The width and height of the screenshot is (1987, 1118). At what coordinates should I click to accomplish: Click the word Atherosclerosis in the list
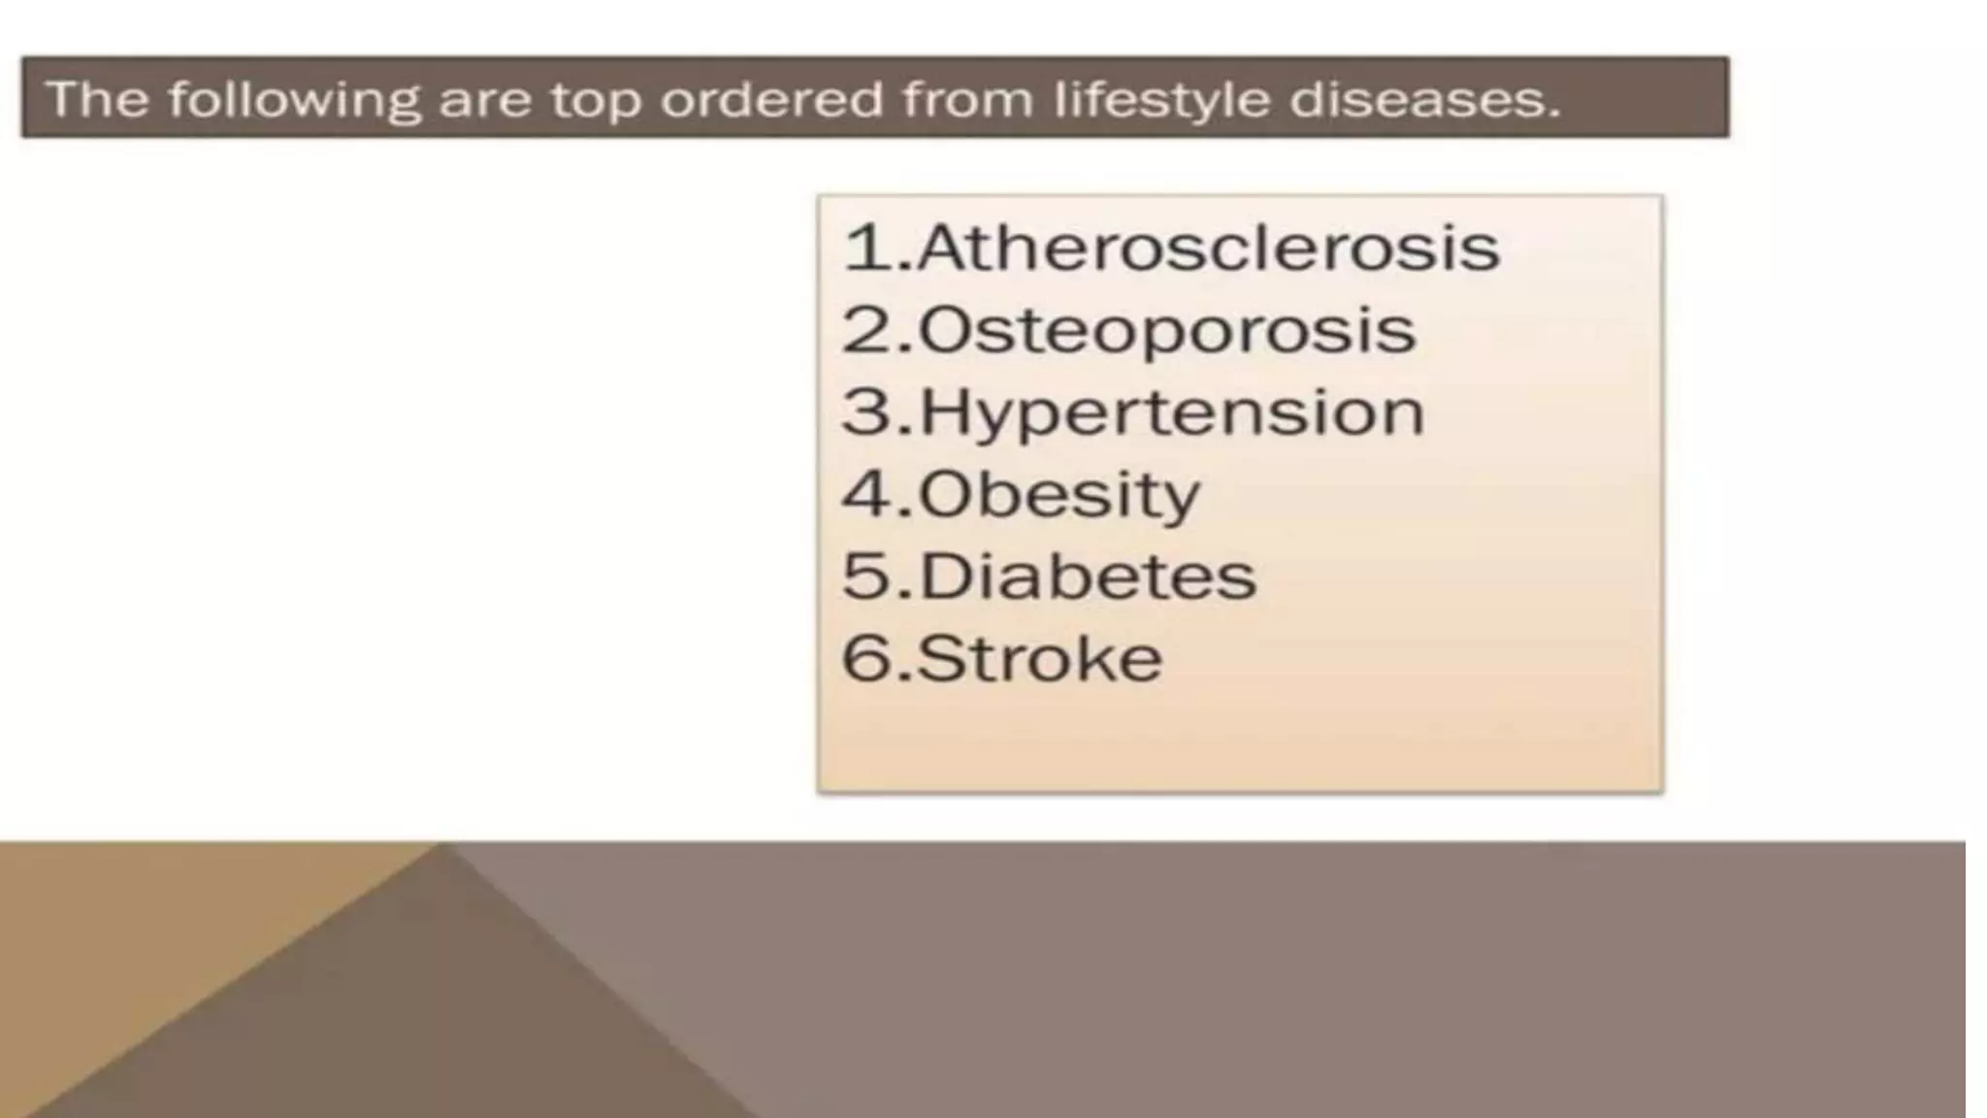click(1208, 248)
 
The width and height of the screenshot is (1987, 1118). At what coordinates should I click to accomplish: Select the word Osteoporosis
click(1166, 331)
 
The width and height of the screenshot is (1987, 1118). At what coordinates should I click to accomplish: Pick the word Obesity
click(1059, 496)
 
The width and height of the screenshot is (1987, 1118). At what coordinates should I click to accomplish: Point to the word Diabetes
click(1087, 577)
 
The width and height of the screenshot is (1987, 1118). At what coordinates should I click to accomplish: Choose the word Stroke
click(1039, 660)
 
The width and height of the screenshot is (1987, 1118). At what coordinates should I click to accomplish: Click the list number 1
click(866, 248)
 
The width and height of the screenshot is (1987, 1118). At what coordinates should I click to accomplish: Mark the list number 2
click(866, 331)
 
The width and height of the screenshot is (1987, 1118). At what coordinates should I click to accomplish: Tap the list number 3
click(866, 413)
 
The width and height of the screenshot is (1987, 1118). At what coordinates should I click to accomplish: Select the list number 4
click(866, 495)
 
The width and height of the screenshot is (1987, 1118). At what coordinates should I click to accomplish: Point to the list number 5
click(866, 577)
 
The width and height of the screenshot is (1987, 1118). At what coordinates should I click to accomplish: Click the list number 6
click(866, 660)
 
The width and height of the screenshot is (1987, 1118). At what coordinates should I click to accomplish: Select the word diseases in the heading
click(1417, 99)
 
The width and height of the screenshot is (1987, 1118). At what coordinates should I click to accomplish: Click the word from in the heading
click(968, 99)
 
